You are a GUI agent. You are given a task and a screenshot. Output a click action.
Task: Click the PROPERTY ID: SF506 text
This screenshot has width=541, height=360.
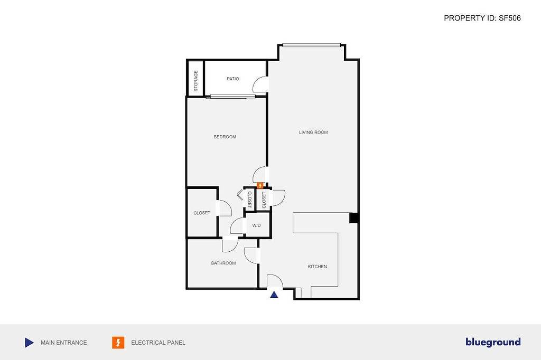point(482,18)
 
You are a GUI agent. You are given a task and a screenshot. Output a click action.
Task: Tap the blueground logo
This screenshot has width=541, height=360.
point(492,342)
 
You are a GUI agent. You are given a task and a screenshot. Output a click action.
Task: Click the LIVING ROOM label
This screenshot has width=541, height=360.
point(313,132)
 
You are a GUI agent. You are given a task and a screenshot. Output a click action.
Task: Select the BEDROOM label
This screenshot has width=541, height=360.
point(225,137)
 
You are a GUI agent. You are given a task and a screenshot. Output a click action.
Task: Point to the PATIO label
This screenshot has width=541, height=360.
point(232,79)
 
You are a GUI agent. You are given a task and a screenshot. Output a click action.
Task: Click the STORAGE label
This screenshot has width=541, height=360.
point(195,81)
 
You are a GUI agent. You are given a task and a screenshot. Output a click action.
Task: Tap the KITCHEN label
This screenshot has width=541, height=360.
point(317,267)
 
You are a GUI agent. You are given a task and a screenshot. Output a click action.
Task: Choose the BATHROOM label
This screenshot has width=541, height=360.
point(223,263)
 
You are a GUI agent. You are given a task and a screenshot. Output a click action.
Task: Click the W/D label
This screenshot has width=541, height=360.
point(256,225)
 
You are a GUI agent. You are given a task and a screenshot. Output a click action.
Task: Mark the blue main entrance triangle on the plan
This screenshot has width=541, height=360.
point(274,295)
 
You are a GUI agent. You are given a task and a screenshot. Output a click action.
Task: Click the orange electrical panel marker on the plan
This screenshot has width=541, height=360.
point(259,185)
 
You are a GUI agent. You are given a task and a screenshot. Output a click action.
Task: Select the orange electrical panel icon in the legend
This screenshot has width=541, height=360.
point(118,343)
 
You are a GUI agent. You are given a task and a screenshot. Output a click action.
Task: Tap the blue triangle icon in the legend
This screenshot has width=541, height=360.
point(29,343)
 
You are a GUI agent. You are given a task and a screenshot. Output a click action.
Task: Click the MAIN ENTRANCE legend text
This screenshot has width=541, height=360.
point(63,343)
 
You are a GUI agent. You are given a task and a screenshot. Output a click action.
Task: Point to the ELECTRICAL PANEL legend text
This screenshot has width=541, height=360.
point(158,343)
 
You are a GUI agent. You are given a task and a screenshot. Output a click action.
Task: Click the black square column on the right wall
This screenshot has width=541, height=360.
point(354,217)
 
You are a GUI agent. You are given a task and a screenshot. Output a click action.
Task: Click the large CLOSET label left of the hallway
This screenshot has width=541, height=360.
point(201,213)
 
